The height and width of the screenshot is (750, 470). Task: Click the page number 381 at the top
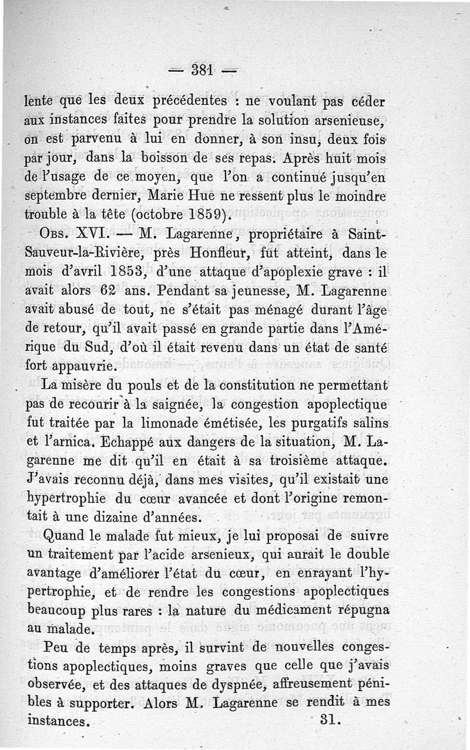point(201,70)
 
